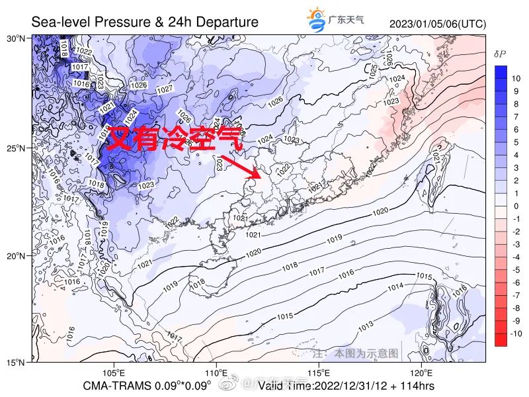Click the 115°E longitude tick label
[319, 372]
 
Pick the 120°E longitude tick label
[422, 372]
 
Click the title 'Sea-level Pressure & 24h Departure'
[145, 22]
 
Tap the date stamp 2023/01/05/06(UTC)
[438, 24]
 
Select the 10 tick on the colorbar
[516, 78]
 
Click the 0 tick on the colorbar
[517, 206]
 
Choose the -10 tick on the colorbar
[516, 333]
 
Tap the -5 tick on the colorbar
[517, 270]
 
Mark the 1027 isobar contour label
[164, 89]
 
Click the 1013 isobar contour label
[364, 327]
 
